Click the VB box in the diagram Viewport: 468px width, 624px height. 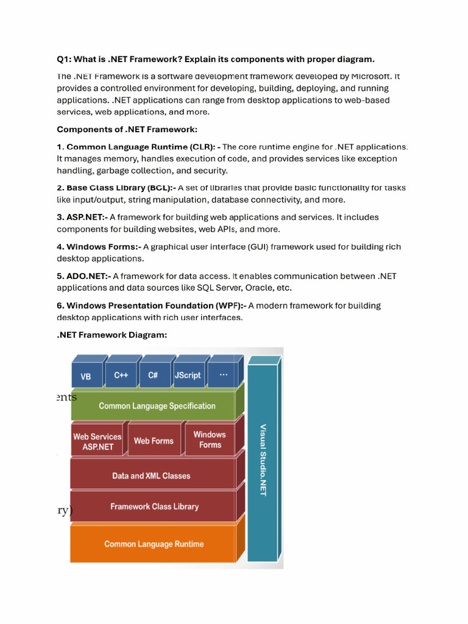pos(86,376)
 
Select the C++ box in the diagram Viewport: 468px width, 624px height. pos(121,375)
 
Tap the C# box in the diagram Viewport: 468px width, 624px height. pos(153,375)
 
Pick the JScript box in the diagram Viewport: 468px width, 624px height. pos(187,375)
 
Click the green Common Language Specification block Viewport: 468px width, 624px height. pos(157,406)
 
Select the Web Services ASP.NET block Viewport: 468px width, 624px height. pos(97,441)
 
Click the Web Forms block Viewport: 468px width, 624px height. pos(154,441)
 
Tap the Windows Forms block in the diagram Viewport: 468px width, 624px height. pos(210,439)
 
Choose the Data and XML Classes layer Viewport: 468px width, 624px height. pos(151,475)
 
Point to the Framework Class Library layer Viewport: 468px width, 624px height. pos(154,506)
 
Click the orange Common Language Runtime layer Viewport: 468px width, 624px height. pos(154,544)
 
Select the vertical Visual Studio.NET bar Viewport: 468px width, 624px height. pos(263,460)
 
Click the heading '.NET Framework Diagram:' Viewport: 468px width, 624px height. pos(112,335)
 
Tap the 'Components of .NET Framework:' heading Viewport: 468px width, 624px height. pos(127,129)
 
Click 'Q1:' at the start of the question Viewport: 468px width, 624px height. pos(65,59)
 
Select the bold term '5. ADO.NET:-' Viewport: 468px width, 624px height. pos(83,276)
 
